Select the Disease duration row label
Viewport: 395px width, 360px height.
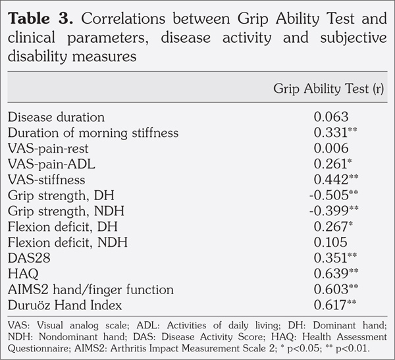click(56, 117)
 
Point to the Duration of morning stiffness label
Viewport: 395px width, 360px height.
click(93, 133)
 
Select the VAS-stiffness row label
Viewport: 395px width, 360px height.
click(47, 180)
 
